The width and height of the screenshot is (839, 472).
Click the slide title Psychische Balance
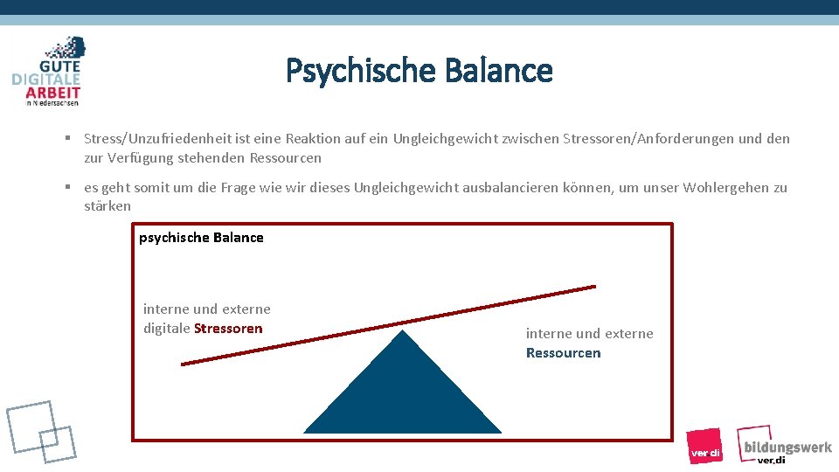(x=419, y=70)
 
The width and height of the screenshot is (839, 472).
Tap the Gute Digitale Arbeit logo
(x=49, y=72)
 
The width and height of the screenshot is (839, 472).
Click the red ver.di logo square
(x=704, y=446)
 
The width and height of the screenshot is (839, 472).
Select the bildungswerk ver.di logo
(x=783, y=445)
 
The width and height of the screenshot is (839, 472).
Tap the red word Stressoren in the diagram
(x=228, y=329)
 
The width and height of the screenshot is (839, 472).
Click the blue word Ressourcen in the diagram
(x=563, y=353)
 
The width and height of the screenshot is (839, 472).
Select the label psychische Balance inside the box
(x=201, y=238)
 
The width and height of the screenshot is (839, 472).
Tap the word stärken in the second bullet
(x=107, y=206)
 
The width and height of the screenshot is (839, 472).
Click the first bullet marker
(x=66, y=138)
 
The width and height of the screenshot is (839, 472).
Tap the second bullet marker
(x=66, y=187)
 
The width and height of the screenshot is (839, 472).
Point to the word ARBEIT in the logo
(x=53, y=93)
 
